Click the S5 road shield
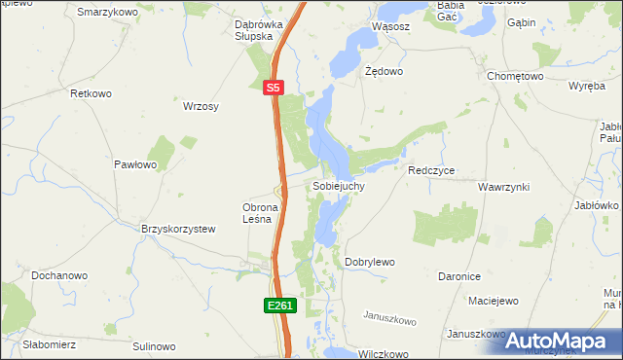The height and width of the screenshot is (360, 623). coord(274,88)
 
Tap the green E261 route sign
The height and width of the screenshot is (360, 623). coord(279,306)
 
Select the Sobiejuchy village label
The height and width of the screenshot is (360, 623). coord(338,185)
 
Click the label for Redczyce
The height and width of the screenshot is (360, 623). coord(431,170)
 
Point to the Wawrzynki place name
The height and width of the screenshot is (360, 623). coord(503,185)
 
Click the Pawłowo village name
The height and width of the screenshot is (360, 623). coord(135,165)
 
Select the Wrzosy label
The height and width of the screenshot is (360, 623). coord(201,107)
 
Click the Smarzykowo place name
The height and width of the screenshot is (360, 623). coord(106,12)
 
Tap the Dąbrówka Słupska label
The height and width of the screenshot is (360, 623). coord(258,30)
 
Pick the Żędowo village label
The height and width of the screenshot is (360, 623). coord(383,72)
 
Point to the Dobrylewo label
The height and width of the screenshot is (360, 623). coord(370,263)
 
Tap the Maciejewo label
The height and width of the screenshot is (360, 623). coord(492,301)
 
